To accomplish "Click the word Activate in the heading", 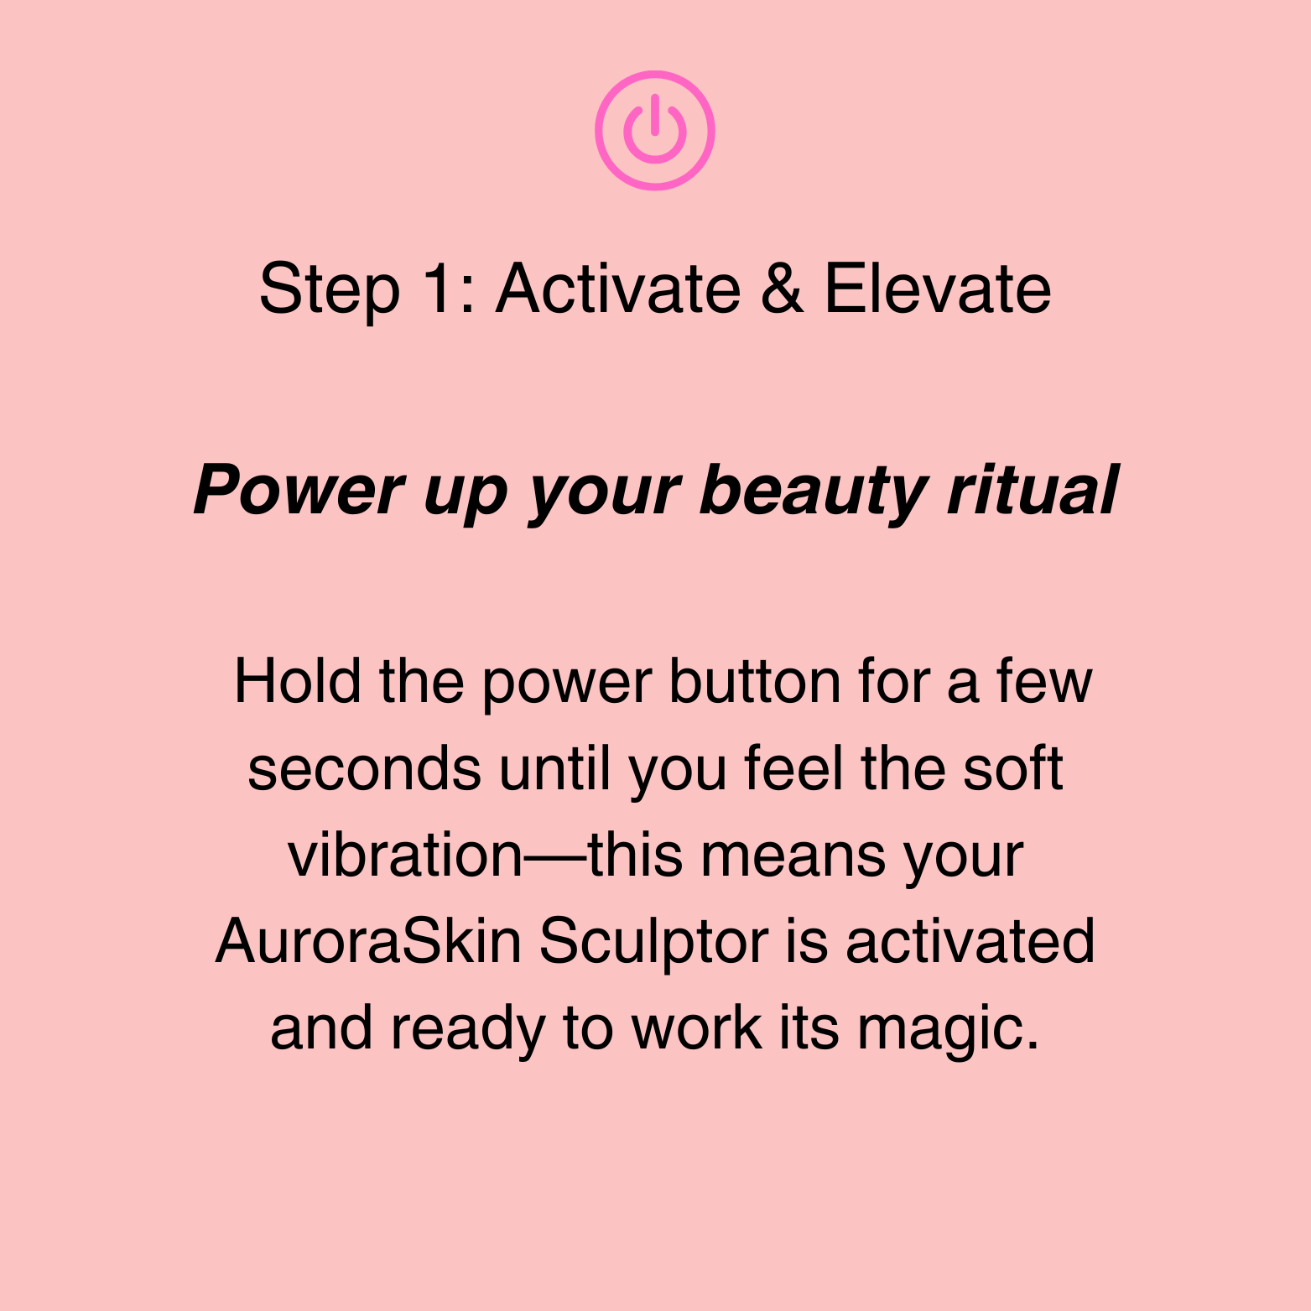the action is pyautogui.click(x=618, y=289).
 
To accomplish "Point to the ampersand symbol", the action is pyautogui.click(x=782, y=289).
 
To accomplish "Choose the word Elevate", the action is pyautogui.click(x=938, y=289).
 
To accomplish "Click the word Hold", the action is pyautogui.click(x=298, y=680).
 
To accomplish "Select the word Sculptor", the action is pyautogui.click(x=653, y=941).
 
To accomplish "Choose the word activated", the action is pyautogui.click(x=970, y=941).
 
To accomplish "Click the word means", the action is pyautogui.click(x=793, y=856).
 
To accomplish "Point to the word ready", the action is pyautogui.click(x=468, y=1030).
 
